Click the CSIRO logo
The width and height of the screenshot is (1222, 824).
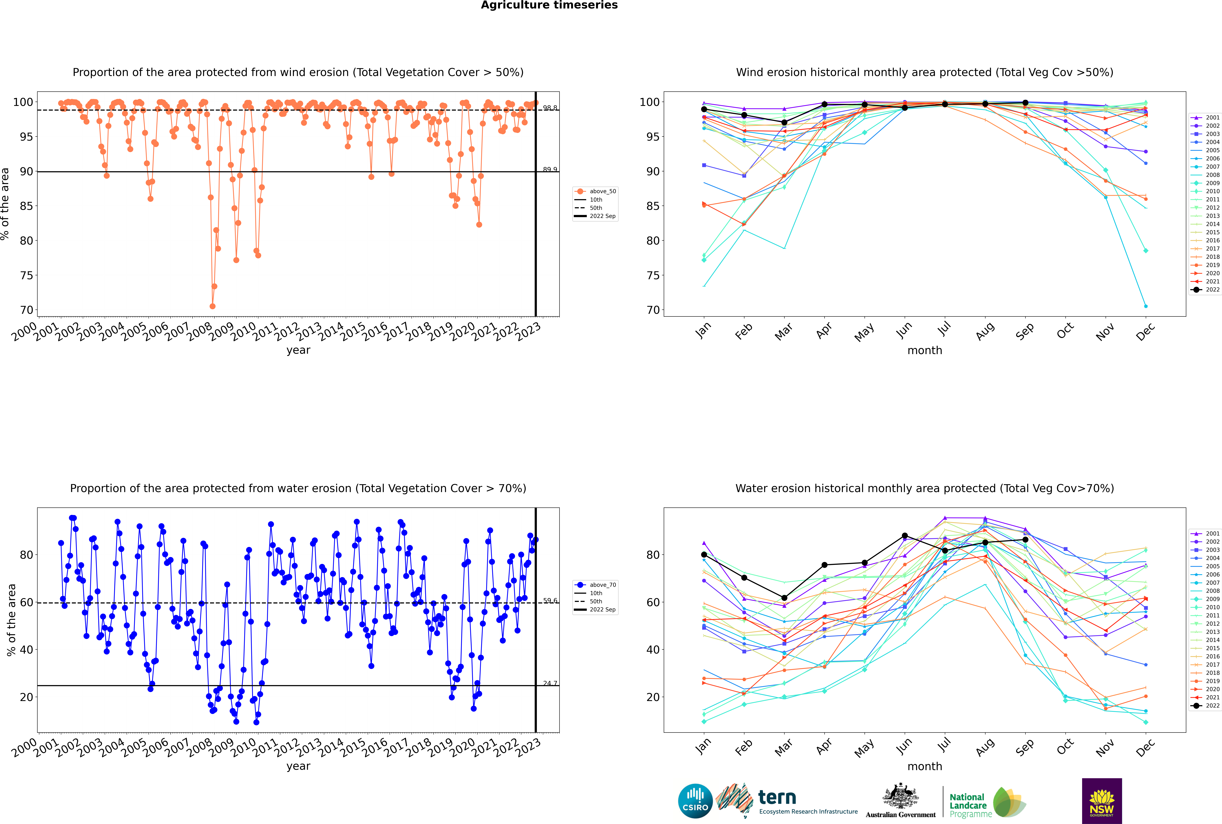695,801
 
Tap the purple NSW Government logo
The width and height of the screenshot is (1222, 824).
1102,800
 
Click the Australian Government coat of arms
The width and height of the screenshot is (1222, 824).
900,796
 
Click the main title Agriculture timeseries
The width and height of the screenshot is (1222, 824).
549,5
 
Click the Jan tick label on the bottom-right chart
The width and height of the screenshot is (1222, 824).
703,747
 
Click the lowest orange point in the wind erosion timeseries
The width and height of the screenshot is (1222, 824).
212,306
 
